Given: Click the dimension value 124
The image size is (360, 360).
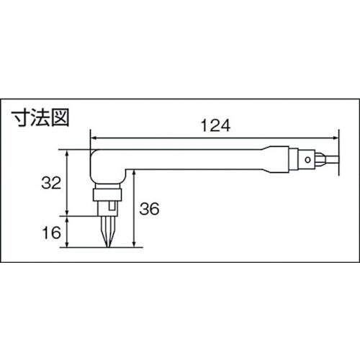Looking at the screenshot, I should click(x=214, y=125).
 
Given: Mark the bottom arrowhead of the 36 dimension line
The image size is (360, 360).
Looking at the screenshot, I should click(x=135, y=244).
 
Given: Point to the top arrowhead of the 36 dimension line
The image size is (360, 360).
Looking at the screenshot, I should click(x=135, y=179).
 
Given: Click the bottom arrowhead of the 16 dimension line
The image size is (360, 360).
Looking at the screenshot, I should click(x=67, y=244).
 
